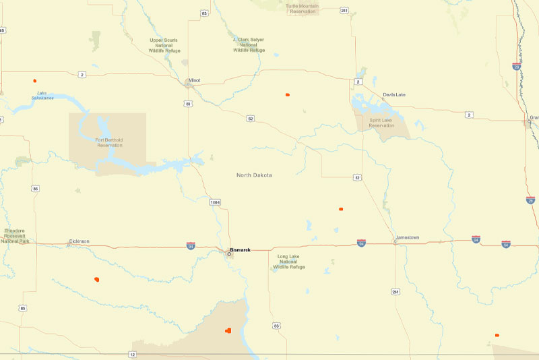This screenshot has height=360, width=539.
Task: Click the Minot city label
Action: [x=194, y=80]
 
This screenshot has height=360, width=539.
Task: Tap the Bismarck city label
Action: [x=241, y=250]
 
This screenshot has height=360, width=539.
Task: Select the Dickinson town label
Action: [x=79, y=241]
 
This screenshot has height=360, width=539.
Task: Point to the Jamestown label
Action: [x=408, y=238]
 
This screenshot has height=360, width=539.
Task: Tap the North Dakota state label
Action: [x=254, y=175]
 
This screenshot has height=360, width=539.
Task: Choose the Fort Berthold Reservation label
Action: [x=109, y=142]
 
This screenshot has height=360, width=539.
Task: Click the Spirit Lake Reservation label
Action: [x=381, y=123]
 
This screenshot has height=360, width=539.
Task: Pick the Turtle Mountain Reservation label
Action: [x=303, y=8]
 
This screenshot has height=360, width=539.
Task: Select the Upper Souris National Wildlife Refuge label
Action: [x=164, y=45]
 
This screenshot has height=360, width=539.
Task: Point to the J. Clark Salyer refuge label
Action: [x=249, y=45]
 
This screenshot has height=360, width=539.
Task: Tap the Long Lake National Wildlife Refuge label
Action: [x=290, y=262]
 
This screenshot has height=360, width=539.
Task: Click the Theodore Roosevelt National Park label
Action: [x=15, y=235]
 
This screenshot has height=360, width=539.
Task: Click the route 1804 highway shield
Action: [x=215, y=202]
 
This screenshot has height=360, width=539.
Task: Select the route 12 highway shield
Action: [x=133, y=354]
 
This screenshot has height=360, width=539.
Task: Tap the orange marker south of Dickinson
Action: [x=97, y=278]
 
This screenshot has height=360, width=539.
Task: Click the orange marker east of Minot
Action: [x=287, y=94]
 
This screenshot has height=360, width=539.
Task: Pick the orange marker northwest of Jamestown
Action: [x=341, y=209]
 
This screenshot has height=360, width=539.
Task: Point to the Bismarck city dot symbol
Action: [x=229, y=253]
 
